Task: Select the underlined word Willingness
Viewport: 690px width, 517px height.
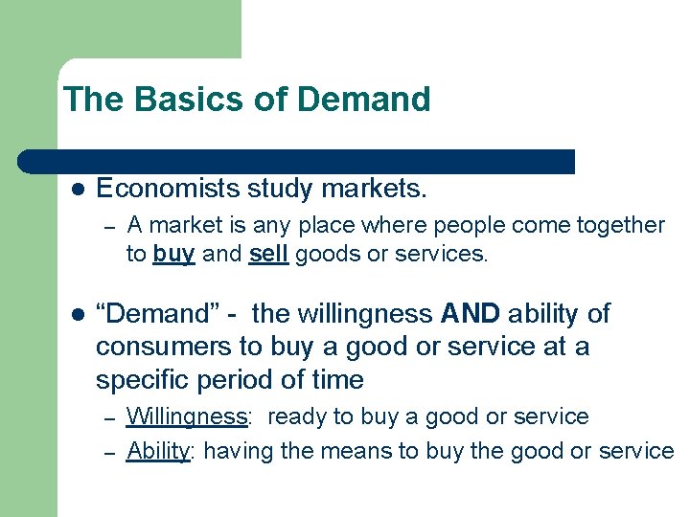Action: pyautogui.click(x=187, y=417)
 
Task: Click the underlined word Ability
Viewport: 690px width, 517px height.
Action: pyautogui.click(x=158, y=451)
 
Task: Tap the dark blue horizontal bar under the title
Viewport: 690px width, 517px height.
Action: pyautogui.click(x=297, y=162)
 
